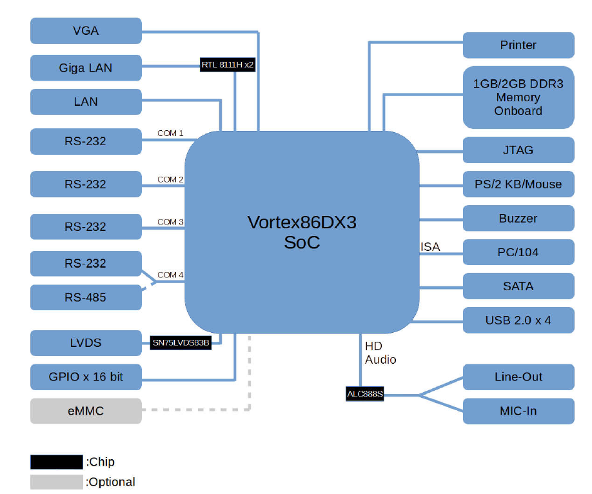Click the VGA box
[x=86, y=31]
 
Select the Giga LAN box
[x=86, y=68]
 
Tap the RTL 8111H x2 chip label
[x=228, y=64]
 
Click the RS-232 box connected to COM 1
[x=86, y=141]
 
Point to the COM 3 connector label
[x=171, y=222]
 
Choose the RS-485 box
[x=86, y=297]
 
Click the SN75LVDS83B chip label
[x=181, y=342]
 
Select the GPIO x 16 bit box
[x=86, y=377]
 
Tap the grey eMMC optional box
[x=86, y=411]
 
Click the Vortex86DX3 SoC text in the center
[x=302, y=232]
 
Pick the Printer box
[x=518, y=45]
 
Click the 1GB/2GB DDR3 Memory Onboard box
[x=518, y=97]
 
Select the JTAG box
[x=518, y=150]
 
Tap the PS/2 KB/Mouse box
[x=518, y=184]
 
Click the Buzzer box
[x=518, y=218]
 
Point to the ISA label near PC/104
[x=430, y=247]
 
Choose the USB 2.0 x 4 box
[x=518, y=320]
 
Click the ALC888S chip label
[x=365, y=393]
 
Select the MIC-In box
[x=518, y=411]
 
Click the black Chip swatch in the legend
[x=57, y=462]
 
